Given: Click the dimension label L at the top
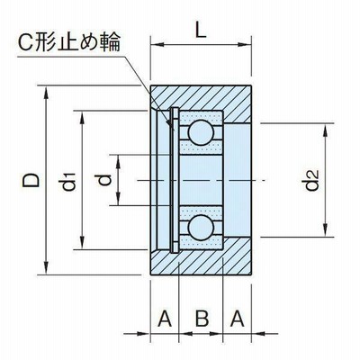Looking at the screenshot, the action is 201,30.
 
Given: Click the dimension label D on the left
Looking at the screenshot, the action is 31,180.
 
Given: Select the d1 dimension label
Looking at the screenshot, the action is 68,182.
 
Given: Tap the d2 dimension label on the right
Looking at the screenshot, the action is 311,180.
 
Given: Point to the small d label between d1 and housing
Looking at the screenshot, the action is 105,180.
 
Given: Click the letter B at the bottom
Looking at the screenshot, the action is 202,319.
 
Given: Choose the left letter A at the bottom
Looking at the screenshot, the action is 165,319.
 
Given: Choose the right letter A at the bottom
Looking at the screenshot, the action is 237,319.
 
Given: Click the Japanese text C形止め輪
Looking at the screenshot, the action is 69,41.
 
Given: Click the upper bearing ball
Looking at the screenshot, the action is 201,132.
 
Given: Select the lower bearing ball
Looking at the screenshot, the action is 201,228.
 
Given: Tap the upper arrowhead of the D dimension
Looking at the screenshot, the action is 46,93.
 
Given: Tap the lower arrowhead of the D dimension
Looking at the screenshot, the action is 46,268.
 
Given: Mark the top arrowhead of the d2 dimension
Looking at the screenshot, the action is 326,130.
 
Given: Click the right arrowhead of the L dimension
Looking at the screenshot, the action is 245,45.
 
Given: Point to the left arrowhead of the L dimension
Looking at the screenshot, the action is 157,45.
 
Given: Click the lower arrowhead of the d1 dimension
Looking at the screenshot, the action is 82,243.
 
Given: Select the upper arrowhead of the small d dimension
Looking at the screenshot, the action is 119,161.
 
